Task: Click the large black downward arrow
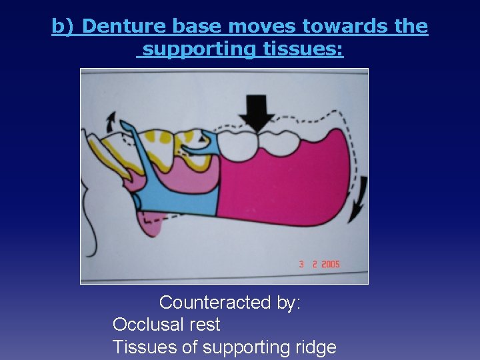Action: coord(257,111)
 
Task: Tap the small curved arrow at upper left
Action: coord(111,123)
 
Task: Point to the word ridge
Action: coord(313,347)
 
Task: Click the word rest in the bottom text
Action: coord(204,325)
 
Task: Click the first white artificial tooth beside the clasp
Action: coord(237,144)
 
